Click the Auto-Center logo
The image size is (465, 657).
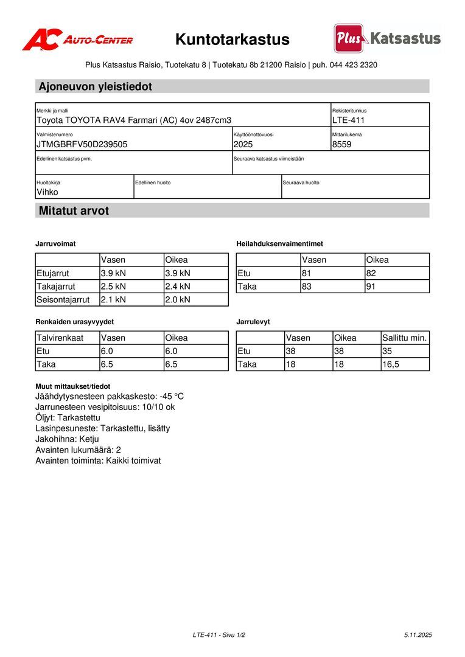click(77, 40)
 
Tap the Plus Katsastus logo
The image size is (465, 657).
click(387, 38)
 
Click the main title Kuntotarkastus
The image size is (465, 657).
click(232, 40)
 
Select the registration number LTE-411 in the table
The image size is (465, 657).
click(348, 120)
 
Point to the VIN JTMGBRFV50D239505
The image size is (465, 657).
click(82, 144)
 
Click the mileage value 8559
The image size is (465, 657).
click(341, 144)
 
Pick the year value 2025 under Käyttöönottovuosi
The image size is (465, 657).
click(242, 144)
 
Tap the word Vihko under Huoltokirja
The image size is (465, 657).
click(47, 192)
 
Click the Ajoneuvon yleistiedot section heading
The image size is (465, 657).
click(95, 86)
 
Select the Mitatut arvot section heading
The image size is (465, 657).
click(74, 211)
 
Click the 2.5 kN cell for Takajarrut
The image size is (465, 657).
click(113, 287)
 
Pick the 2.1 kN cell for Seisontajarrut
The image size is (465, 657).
click(113, 300)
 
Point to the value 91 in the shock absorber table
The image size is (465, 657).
click(371, 287)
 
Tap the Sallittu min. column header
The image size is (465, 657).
click(405, 338)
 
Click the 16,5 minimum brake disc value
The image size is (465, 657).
click(391, 364)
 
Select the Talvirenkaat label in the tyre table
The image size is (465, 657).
click(60, 338)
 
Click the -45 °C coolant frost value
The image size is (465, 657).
click(172, 397)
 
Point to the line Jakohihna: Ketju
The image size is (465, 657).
click(67, 439)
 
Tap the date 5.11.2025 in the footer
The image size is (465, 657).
click(418, 635)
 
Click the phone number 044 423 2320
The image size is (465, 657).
click(354, 65)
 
